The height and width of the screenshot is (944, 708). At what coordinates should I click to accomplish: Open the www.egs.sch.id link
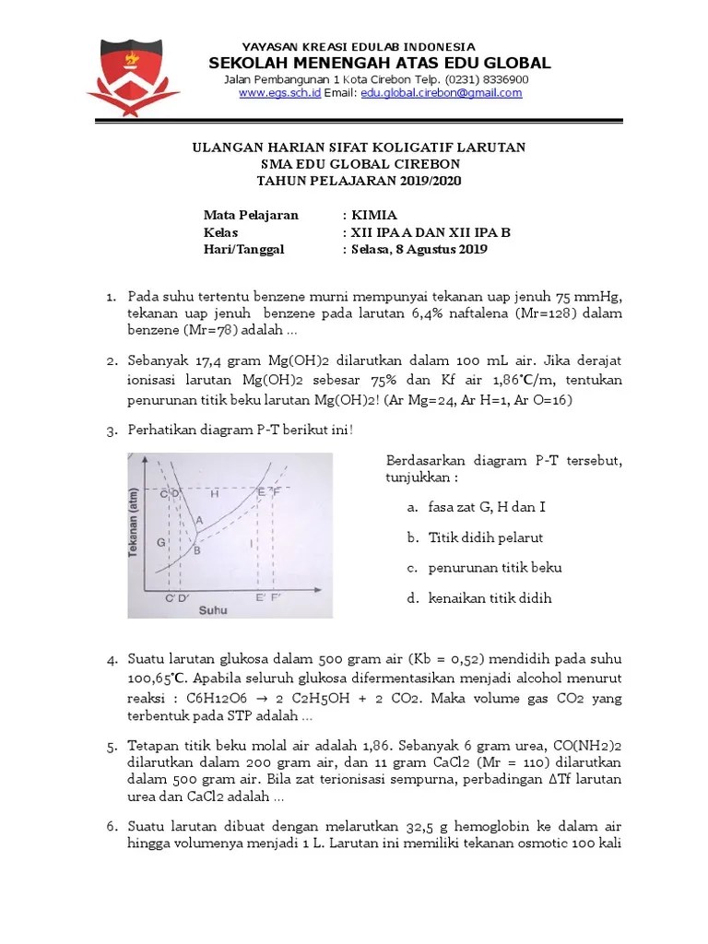(x=279, y=94)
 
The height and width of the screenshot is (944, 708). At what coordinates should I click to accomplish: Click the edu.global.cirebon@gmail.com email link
(x=441, y=94)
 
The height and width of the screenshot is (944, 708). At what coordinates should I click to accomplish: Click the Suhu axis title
(x=215, y=610)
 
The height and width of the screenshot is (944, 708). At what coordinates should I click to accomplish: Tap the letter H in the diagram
(x=214, y=494)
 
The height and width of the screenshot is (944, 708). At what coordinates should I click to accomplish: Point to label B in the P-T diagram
(x=196, y=550)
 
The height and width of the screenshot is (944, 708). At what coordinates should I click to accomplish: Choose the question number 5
(x=111, y=746)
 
